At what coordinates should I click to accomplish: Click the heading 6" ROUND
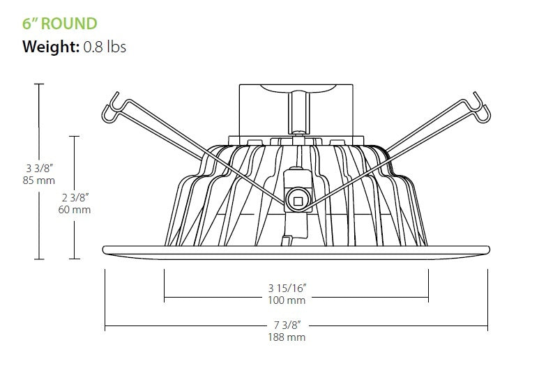tap(60, 23)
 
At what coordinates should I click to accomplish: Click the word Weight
tap(50, 47)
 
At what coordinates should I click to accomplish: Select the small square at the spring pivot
tap(298, 201)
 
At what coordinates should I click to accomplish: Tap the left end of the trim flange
tap(105, 250)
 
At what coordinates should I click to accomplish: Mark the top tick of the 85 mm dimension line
tap(40, 84)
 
